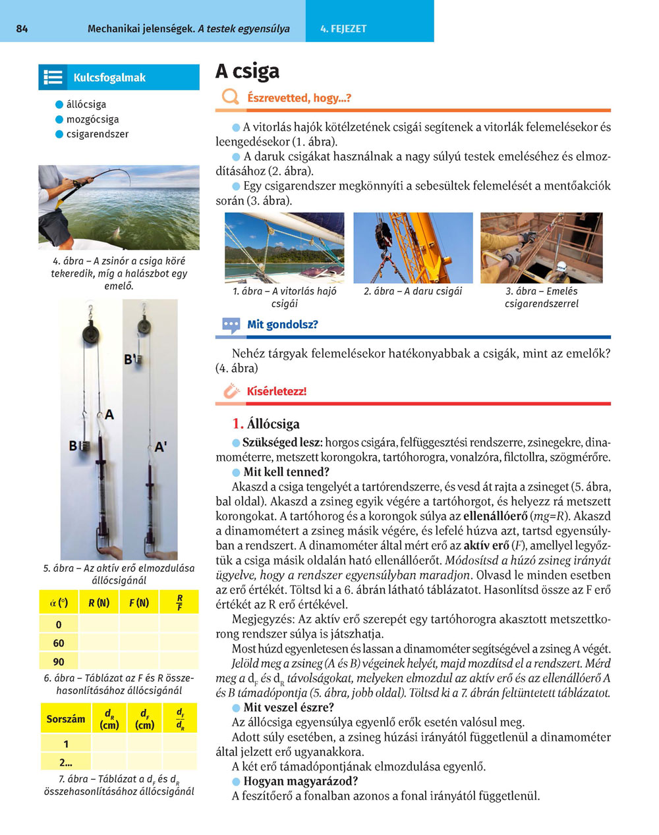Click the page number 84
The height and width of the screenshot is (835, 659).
[x=22, y=29]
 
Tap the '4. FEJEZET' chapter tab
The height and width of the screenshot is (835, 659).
[x=343, y=29]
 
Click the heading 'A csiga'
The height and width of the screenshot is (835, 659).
[x=248, y=71]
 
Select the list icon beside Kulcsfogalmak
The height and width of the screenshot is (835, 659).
[x=53, y=78]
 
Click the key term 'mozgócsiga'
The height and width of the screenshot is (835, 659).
[x=92, y=119]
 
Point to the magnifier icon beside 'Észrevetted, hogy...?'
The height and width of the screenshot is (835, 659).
[x=230, y=97]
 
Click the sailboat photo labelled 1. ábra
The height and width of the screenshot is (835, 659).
[x=284, y=248]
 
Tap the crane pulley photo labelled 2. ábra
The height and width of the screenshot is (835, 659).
[x=413, y=248]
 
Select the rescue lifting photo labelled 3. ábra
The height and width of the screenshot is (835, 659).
[x=541, y=248]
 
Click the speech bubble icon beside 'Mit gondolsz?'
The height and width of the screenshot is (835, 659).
[x=231, y=325]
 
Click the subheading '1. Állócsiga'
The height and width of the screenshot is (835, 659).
[x=266, y=424]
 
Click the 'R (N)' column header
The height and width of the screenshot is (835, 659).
[x=99, y=603]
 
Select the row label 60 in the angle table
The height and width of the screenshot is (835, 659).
[x=59, y=643]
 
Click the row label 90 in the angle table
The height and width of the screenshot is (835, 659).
[x=59, y=662]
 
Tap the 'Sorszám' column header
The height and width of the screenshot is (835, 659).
[x=66, y=719]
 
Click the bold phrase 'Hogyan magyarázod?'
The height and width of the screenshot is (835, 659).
[x=301, y=781]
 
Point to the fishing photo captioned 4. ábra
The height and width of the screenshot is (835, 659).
[x=119, y=207]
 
